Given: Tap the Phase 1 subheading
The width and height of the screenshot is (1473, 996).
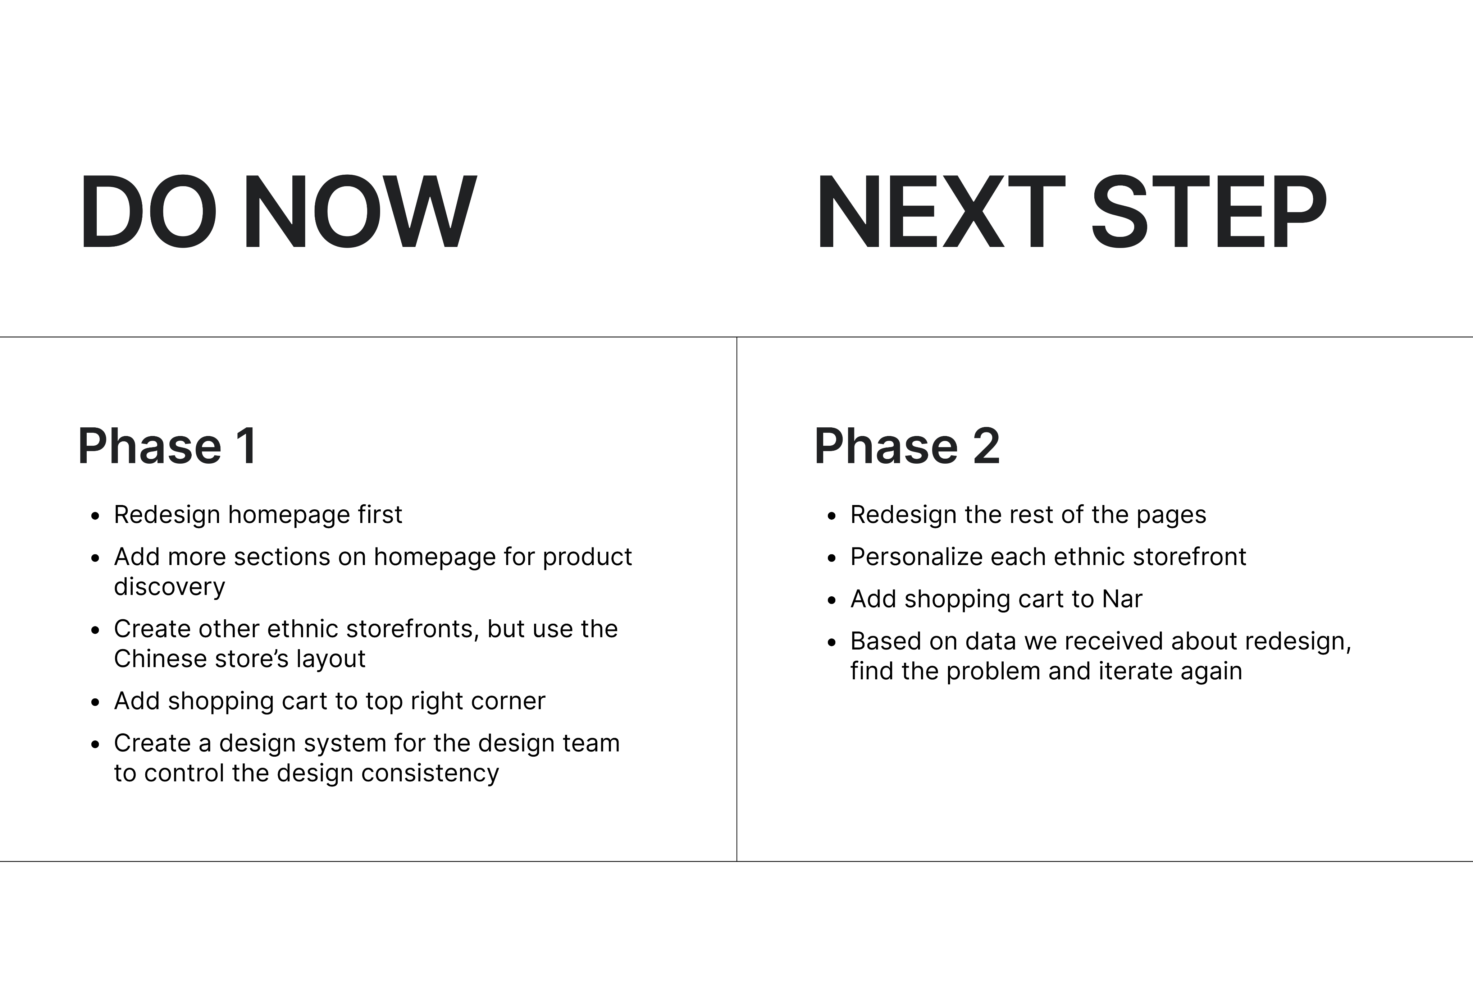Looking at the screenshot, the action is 167,446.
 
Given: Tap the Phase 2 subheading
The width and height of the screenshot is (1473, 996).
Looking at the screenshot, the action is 907,446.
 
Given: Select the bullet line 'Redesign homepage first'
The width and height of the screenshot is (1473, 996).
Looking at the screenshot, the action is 258,514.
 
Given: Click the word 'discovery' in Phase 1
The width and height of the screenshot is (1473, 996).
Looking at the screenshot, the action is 169,587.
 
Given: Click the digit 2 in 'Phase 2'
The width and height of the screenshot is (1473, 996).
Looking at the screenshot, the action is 986,446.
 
